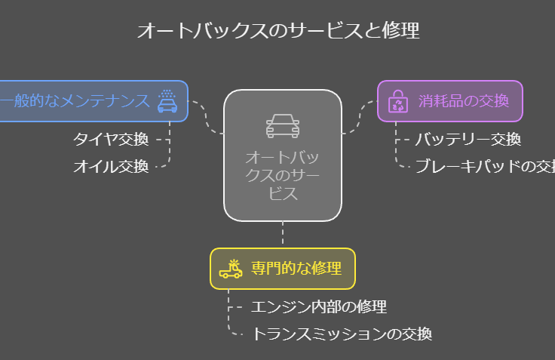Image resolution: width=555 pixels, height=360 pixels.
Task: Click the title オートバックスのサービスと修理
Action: click(278, 30)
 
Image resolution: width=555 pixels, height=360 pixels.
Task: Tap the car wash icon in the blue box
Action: click(167, 101)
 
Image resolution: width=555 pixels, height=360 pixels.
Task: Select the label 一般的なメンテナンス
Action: click(75, 101)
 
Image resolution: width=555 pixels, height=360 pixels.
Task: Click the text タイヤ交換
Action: click(111, 140)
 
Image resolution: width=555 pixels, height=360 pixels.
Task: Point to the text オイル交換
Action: click(111, 167)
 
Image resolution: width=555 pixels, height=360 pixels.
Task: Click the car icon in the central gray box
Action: click(283, 126)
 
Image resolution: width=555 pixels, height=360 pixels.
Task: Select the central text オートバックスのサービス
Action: click(283, 175)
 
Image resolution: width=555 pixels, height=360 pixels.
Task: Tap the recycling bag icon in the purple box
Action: click(398, 101)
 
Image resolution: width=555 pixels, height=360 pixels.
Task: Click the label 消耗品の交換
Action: click(464, 101)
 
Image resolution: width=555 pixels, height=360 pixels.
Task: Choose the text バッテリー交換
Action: click(468, 140)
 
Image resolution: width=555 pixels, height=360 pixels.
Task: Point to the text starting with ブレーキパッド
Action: click(485, 167)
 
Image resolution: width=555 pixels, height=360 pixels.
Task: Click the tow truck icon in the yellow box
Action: click(231, 269)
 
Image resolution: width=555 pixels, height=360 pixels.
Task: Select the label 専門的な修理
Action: click(296, 268)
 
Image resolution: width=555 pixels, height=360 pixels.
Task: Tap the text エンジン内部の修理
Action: click(318, 307)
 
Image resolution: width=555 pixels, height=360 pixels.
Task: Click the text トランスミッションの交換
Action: click(342, 334)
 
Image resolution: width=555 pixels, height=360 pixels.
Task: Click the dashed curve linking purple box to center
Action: click(359, 117)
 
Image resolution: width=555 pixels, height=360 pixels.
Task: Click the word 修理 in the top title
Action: click(400, 30)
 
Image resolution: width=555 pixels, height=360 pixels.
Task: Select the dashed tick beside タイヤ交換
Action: click(163, 140)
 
